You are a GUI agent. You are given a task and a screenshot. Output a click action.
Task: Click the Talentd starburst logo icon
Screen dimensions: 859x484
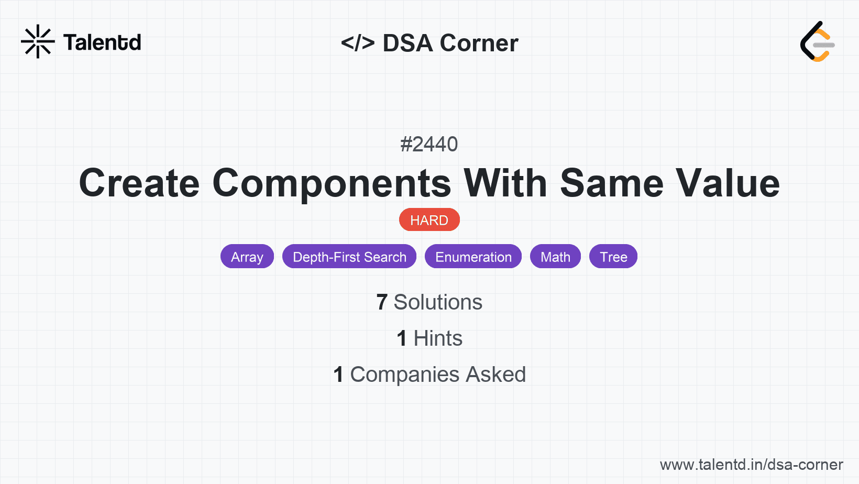click(x=38, y=41)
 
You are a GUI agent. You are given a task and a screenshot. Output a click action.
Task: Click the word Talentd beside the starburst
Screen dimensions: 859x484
click(x=102, y=42)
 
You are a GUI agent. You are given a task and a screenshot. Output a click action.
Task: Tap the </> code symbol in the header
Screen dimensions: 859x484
click(x=358, y=42)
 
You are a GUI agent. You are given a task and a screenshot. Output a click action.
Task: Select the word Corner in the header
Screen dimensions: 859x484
click(x=479, y=42)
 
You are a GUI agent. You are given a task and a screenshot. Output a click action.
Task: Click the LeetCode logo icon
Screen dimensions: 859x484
click(x=817, y=41)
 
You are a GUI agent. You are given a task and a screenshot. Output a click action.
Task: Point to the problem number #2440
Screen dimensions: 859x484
click(x=429, y=144)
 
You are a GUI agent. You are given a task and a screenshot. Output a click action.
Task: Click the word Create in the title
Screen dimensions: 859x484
click(x=139, y=183)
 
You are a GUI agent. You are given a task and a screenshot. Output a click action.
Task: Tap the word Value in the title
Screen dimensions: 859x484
click(x=728, y=183)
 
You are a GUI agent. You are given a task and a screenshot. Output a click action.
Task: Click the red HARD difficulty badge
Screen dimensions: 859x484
click(x=429, y=220)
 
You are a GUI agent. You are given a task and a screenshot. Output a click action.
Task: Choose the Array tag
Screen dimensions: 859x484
click(x=247, y=257)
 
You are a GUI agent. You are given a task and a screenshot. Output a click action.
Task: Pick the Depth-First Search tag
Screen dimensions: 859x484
click(x=349, y=257)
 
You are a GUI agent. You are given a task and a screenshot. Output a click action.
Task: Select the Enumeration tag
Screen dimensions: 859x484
click(x=473, y=257)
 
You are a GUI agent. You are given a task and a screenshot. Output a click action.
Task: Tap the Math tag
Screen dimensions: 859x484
click(x=555, y=257)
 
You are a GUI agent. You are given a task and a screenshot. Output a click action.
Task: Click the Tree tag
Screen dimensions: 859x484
click(x=613, y=257)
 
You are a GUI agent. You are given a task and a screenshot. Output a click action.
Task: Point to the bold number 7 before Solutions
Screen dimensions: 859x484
click(x=382, y=302)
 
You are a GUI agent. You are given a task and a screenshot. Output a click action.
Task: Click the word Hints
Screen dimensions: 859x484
click(x=438, y=338)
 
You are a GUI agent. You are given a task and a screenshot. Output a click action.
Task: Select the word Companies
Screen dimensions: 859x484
click(x=404, y=375)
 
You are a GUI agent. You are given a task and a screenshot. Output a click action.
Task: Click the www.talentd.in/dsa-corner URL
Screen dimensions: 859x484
click(x=751, y=465)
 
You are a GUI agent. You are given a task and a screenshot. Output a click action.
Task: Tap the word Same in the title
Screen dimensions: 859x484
click(x=612, y=183)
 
